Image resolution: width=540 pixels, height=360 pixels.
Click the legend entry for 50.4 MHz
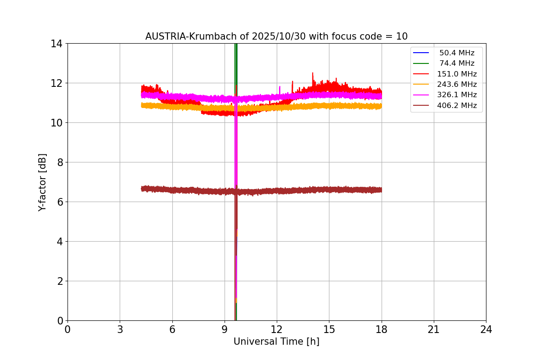pos(457,53)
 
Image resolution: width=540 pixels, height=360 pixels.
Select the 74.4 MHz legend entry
pos(457,63)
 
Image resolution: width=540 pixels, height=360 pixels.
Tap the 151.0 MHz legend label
pos(457,74)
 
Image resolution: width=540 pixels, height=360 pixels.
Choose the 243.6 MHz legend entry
pos(457,84)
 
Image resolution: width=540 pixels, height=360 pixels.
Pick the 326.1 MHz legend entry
pos(457,95)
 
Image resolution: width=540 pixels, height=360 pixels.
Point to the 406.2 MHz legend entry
pos(457,106)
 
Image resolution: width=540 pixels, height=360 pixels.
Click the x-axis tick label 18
pos(382,330)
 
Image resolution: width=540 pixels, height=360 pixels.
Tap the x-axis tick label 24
pos(486,330)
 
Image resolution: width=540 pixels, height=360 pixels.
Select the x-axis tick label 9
pos(225,330)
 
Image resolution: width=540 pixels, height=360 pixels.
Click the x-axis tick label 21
pos(434,330)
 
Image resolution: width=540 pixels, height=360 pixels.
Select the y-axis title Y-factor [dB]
pos(42,182)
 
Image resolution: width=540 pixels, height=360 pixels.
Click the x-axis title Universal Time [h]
pos(276,342)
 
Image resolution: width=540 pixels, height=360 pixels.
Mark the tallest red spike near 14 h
pos(312,73)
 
